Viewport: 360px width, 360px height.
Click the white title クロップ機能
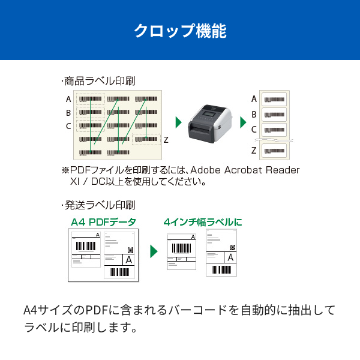coord(179,30)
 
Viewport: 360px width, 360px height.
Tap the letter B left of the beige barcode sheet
coord(68,112)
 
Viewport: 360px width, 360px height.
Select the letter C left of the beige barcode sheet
coord(68,126)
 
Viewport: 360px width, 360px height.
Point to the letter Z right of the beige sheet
coord(166,139)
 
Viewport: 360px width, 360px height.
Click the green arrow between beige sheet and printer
coord(178,122)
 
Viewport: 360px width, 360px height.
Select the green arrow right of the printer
coord(243,122)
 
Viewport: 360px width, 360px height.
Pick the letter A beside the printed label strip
coord(254,99)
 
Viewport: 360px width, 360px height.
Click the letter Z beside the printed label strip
coord(254,149)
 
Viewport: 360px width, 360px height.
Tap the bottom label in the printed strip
coord(275,150)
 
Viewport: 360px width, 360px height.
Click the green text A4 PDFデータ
coord(103,222)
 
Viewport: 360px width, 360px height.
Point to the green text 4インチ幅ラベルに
coord(203,222)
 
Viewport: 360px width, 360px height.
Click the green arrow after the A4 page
coord(154,251)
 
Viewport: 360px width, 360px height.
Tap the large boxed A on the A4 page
coord(128,260)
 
